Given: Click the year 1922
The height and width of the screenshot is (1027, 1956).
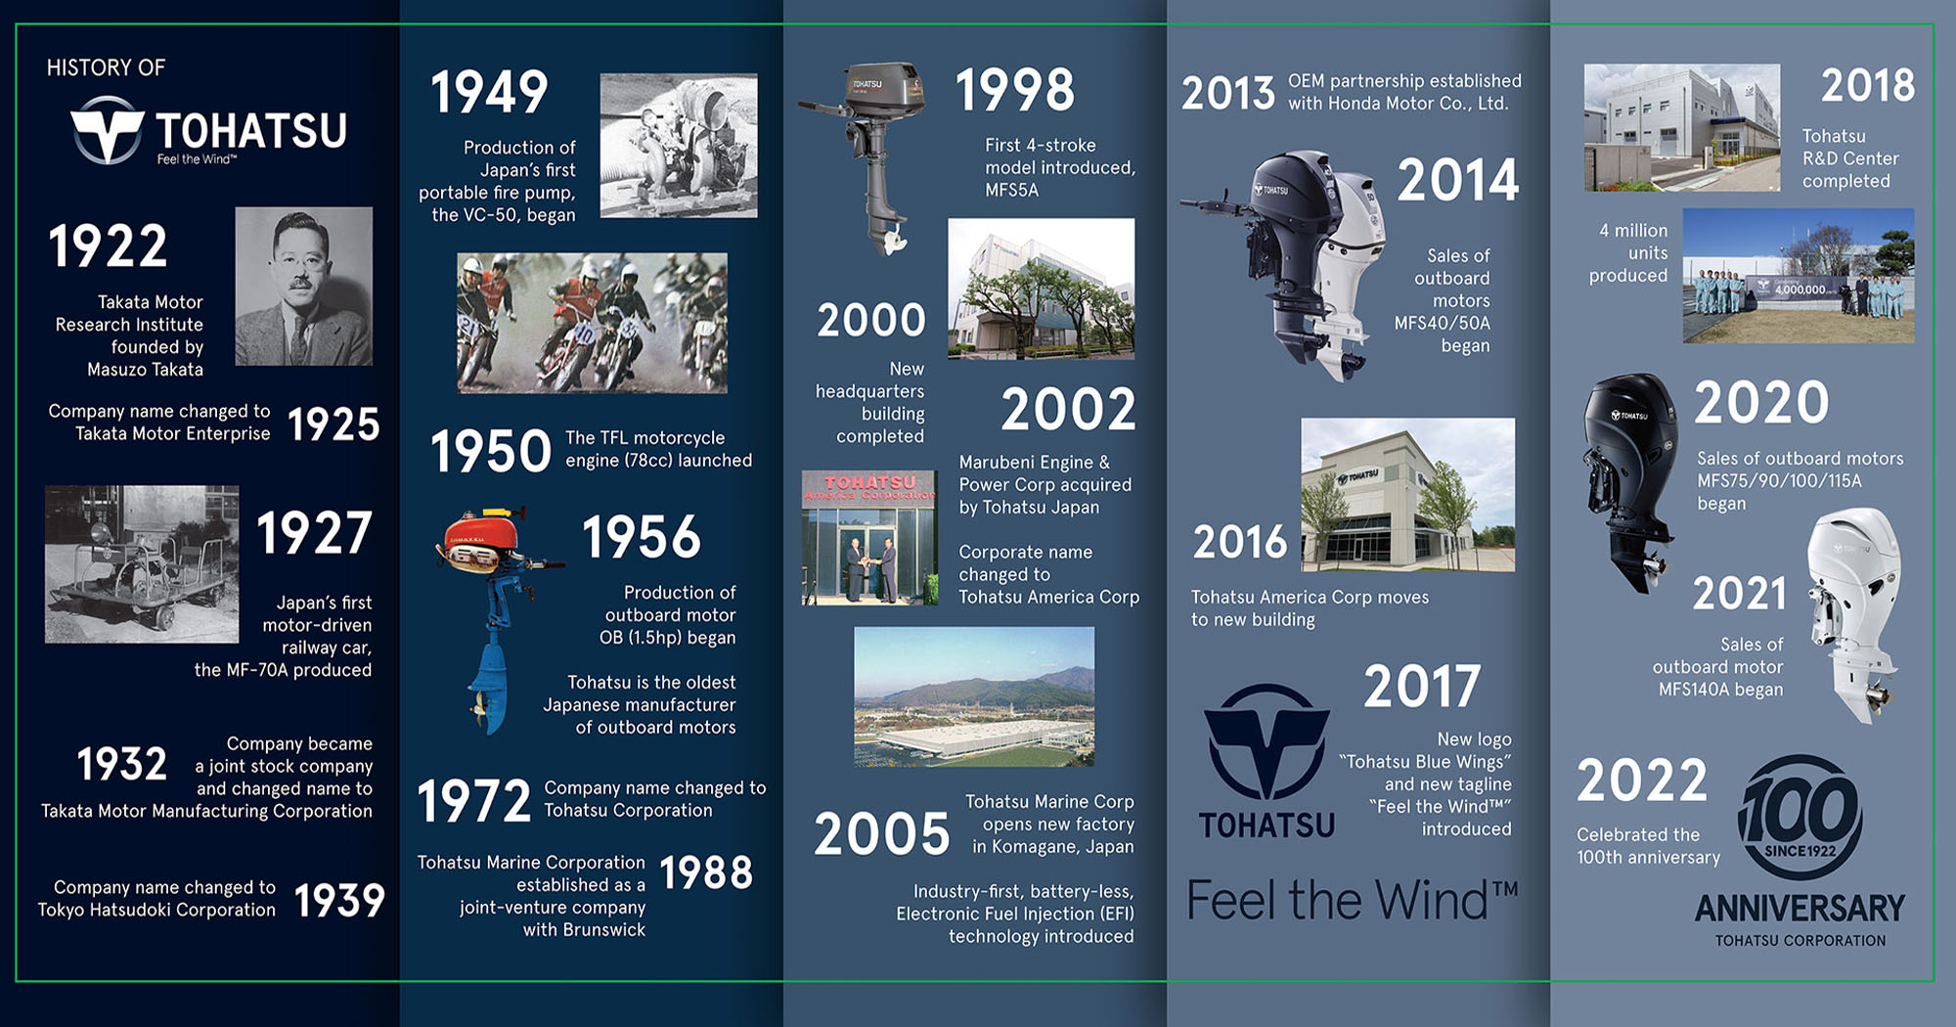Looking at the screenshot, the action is pos(108,246).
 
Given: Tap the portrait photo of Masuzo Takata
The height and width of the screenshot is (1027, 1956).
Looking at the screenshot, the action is pos(303,286).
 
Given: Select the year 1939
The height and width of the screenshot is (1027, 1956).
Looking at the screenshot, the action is pos(338,900).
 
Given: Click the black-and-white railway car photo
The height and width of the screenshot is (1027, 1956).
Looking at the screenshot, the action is pos(142,564).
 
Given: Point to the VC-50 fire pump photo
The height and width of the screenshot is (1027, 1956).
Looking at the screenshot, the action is pos(678,145).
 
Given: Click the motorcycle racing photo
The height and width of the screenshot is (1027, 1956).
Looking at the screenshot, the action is pos(592,323).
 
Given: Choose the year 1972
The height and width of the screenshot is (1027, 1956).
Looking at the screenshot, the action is pos(473,801).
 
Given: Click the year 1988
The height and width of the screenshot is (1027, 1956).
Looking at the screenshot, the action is pos(706,872).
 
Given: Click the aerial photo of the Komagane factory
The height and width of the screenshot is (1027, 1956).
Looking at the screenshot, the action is pos(974,696).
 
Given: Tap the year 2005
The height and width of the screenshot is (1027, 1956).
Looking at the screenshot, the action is pos(881,833).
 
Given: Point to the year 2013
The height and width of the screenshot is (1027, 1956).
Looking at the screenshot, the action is pos(1227,93).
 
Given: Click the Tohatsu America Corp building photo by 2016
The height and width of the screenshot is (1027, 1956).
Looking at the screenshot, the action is pos(1407,495).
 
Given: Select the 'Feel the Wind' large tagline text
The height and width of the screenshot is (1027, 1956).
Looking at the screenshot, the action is pos(1352,900).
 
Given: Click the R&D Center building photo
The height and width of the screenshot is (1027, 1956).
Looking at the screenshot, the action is pos(1682,127).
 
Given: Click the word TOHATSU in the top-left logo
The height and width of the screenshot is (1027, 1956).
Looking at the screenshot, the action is pos(251,130).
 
